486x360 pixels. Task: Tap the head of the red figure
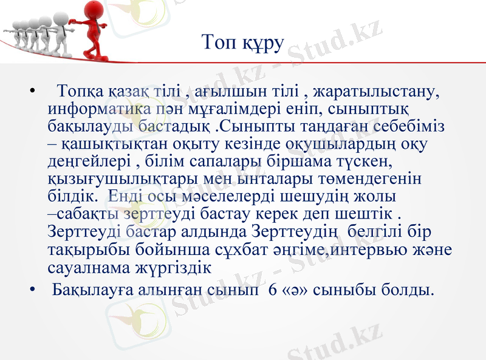click(94, 10)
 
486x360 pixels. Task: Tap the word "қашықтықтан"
click(101, 144)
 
